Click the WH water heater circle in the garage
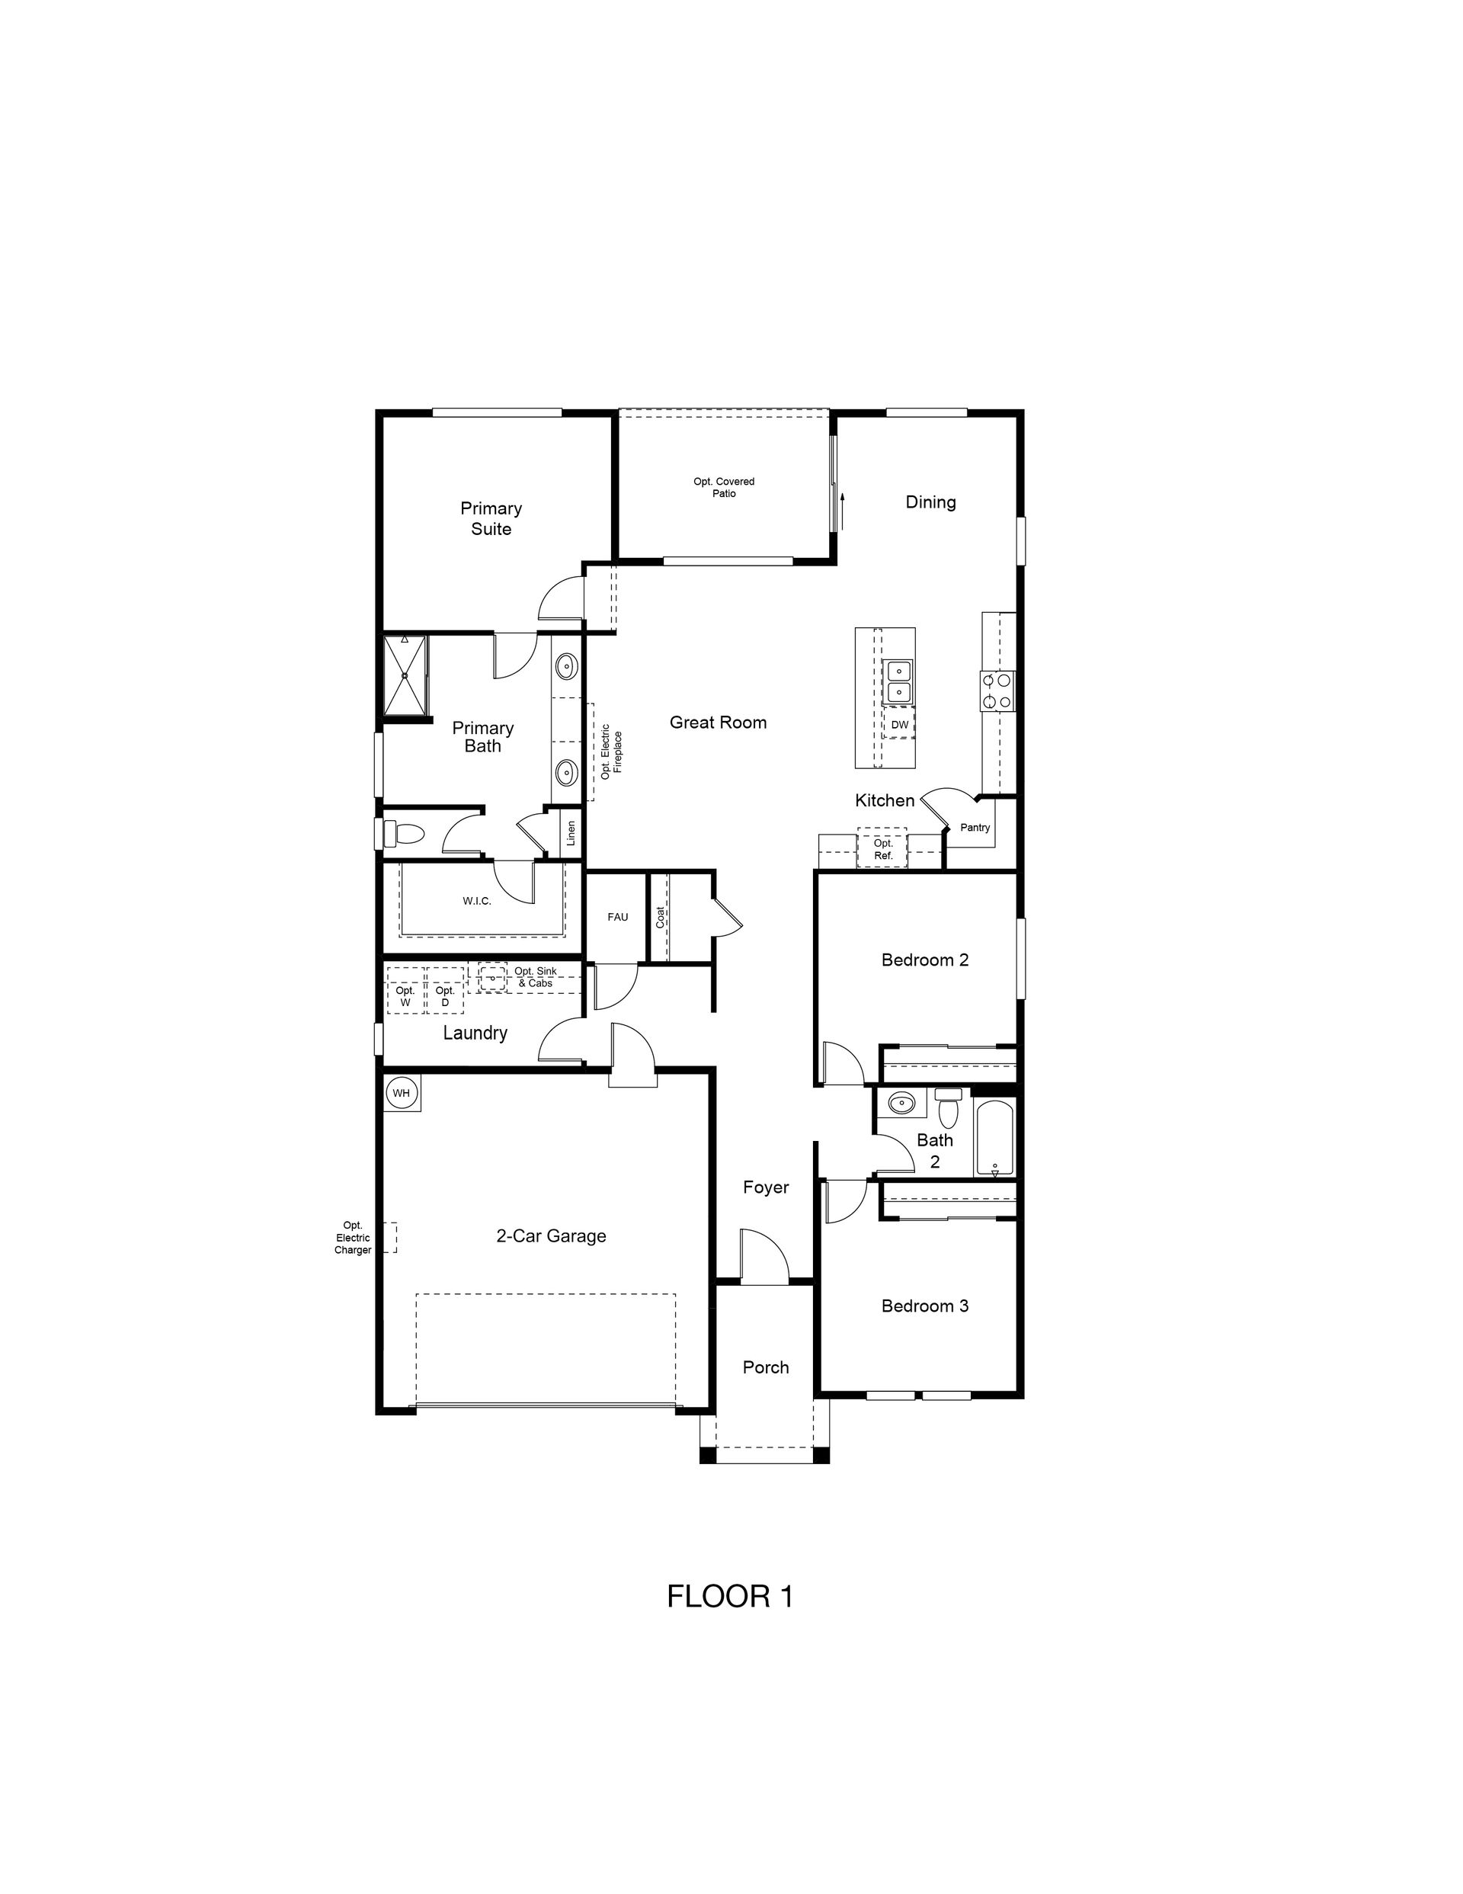[x=401, y=1093]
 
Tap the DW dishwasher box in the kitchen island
[x=899, y=724]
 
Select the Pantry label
[x=975, y=827]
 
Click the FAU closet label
[x=617, y=917]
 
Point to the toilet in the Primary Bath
[x=403, y=835]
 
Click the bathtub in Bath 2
[x=994, y=1136]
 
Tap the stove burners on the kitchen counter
[x=997, y=692]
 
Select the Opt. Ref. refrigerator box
[x=883, y=849]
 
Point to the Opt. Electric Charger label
[x=353, y=1238]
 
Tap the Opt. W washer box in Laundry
[x=405, y=990]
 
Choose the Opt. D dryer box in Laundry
[x=445, y=990]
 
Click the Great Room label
[x=718, y=723]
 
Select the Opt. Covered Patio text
[x=724, y=487]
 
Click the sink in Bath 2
[x=902, y=1104]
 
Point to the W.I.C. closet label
[x=477, y=901]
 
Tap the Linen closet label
[x=571, y=833]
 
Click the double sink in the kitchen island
[x=898, y=681]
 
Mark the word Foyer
[x=766, y=1187]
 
